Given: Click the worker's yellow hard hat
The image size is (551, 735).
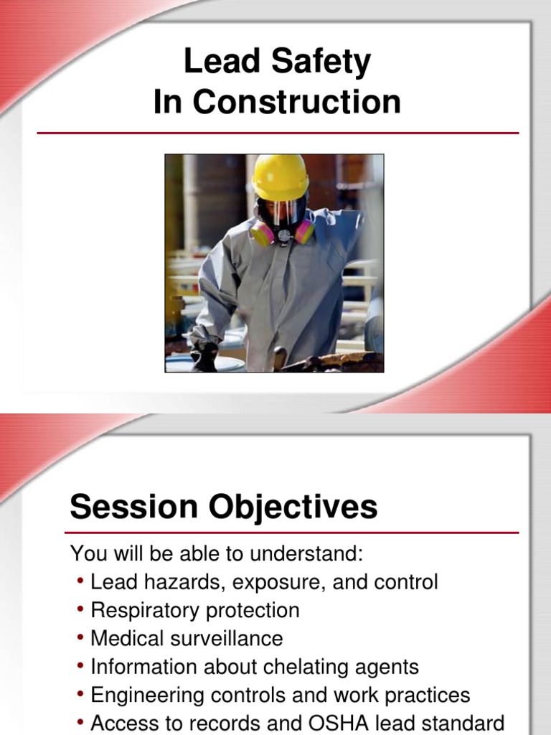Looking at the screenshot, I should pos(281,177).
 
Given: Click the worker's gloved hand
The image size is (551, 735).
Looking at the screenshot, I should pos(204,353).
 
